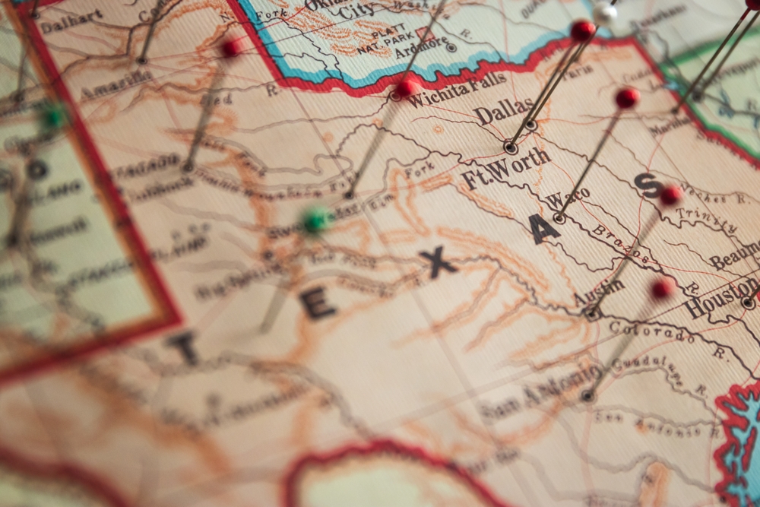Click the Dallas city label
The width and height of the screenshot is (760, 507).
(x=504, y=112)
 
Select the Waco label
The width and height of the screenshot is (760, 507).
(x=568, y=199)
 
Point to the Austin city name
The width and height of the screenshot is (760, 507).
(x=599, y=291)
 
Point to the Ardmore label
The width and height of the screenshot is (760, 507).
(x=422, y=44)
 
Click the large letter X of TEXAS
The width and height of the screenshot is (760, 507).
(x=438, y=263)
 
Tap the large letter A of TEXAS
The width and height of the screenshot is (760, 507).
(x=545, y=229)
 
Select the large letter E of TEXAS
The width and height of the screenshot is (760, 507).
(x=318, y=304)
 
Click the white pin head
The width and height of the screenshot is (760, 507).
(x=605, y=12)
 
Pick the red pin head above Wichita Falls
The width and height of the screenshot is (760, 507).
(x=407, y=87)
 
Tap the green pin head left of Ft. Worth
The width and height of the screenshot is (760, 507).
(x=315, y=220)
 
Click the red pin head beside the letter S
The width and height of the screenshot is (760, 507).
(x=670, y=195)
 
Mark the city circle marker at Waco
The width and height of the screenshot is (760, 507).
(x=559, y=218)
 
